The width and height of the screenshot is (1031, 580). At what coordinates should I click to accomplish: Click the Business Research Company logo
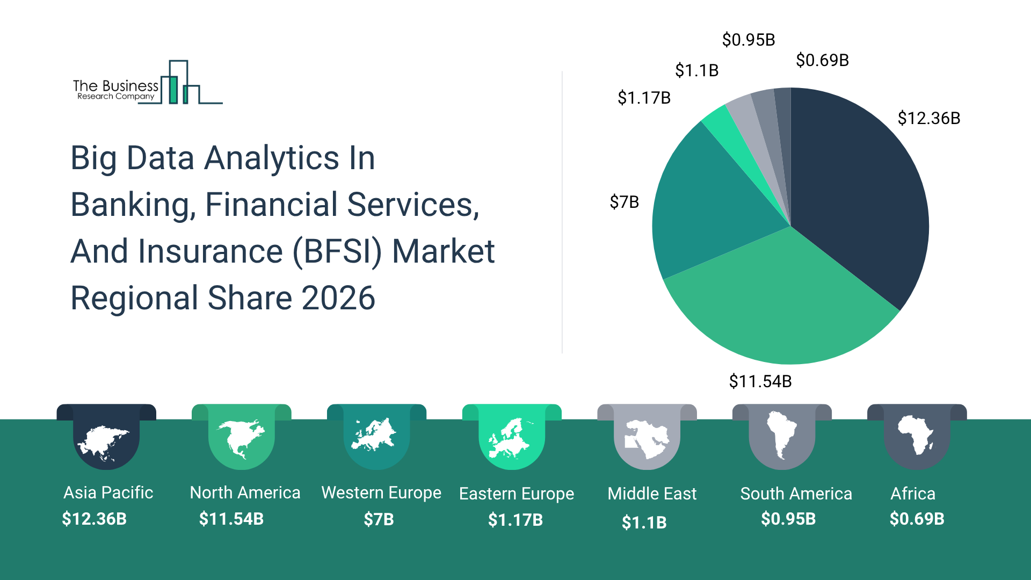tap(147, 83)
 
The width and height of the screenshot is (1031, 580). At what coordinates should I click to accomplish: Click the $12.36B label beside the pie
tap(928, 118)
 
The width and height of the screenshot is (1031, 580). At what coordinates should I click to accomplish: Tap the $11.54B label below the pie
tap(760, 381)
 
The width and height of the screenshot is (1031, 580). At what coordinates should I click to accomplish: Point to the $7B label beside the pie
tap(624, 202)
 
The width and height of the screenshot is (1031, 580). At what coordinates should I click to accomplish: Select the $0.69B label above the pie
tap(822, 60)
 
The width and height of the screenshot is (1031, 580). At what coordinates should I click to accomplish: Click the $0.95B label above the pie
tap(748, 40)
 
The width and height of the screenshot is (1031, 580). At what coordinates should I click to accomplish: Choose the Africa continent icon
tap(916, 435)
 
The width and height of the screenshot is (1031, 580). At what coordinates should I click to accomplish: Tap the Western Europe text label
tap(381, 492)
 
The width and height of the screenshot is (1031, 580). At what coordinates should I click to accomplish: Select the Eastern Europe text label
tap(517, 494)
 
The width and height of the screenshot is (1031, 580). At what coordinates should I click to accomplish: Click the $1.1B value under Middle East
tap(644, 522)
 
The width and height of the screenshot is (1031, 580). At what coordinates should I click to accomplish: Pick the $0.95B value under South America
tap(788, 519)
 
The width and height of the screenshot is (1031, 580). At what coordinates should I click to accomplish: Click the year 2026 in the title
tap(338, 298)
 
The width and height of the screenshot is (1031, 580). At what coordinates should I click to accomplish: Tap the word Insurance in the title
tap(210, 251)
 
